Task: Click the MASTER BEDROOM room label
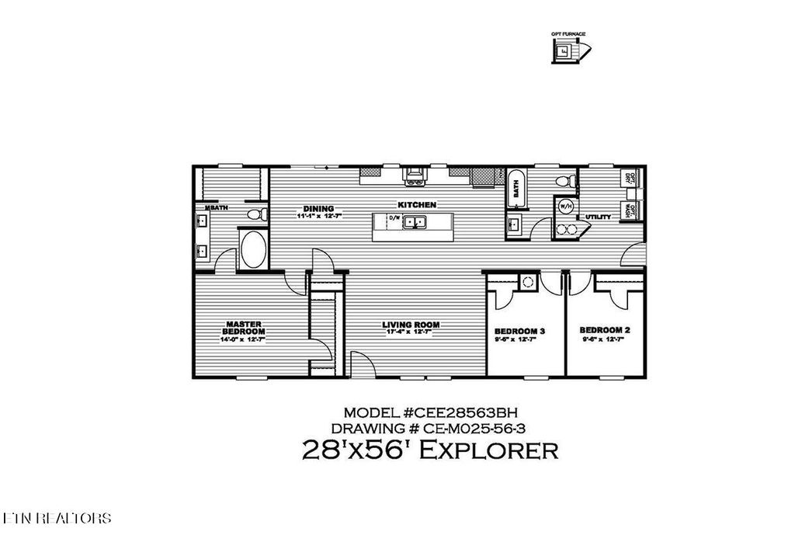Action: coord(244,327)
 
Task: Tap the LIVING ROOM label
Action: coord(411,325)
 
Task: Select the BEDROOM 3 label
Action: coord(519,331)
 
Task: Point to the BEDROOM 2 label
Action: coord(604,330)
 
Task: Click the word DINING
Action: coord(318,209)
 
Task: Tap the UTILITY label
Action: coord(598,217)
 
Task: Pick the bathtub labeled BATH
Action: coord(515,189)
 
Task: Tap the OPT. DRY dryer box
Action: coord(630,178)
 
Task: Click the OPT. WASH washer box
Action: coord(630,210)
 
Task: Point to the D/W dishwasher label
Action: coord(394,219)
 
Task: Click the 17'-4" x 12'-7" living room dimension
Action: coord(410,332)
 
